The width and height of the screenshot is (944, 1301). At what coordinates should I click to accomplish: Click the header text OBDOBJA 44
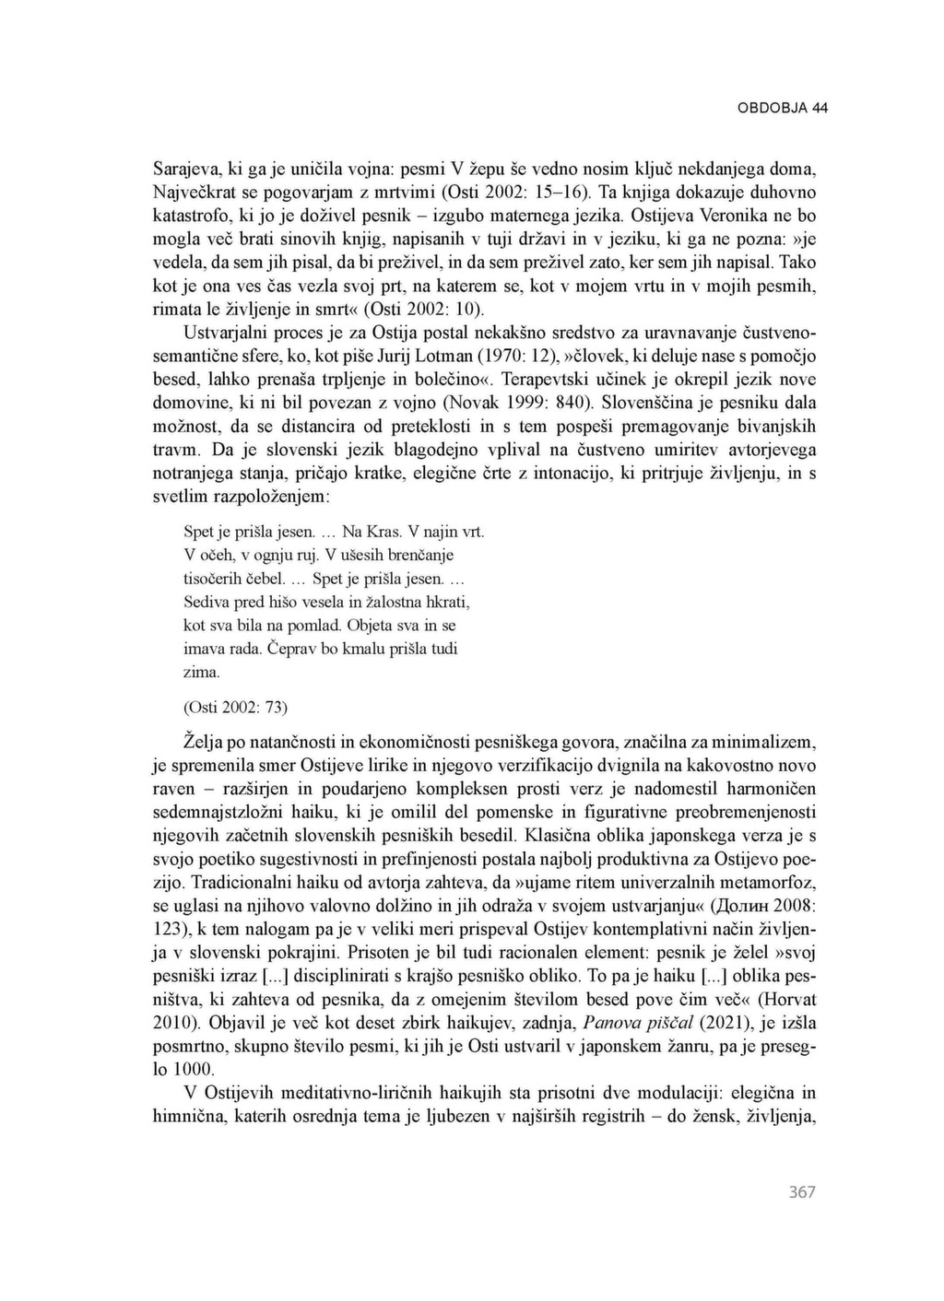pyautogui.click(x=782, y=108)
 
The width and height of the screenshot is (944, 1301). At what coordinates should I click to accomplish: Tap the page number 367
pyautogui.click(x=802, y=1192)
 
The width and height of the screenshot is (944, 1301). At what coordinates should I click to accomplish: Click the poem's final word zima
pyautogui.click(x=202, y=673)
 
